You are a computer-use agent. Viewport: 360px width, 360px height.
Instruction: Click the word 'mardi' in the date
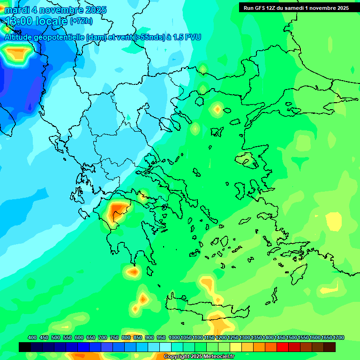pyautogui.click(x=16, y=10)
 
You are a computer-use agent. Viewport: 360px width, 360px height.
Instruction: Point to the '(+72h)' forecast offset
pyautogui.click(x=81, y=21)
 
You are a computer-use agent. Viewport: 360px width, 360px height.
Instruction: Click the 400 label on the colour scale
pyautogui.click(x=32, y=337)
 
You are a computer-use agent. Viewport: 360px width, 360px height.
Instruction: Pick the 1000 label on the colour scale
pyautogui.click(x=174, y=337)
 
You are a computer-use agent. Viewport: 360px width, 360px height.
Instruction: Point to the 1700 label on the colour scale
pyautogui.click(x=338, y=337)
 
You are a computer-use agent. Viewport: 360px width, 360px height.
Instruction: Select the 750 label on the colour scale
pyautogui.click(x=114, y=337)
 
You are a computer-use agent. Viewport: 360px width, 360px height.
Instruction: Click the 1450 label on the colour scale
pyautogui.click(x=279, y=337)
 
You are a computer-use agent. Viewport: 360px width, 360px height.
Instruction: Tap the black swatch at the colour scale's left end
pyautogui.click(x=25, y=347)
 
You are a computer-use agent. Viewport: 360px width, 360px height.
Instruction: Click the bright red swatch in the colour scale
pyautogui.click(x=283, y=347)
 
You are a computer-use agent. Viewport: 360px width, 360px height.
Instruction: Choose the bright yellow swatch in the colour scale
pyautogui.click(x=236, y=347)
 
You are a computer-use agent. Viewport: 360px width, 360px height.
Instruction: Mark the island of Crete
pyautogui.click(x=206, y=307)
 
